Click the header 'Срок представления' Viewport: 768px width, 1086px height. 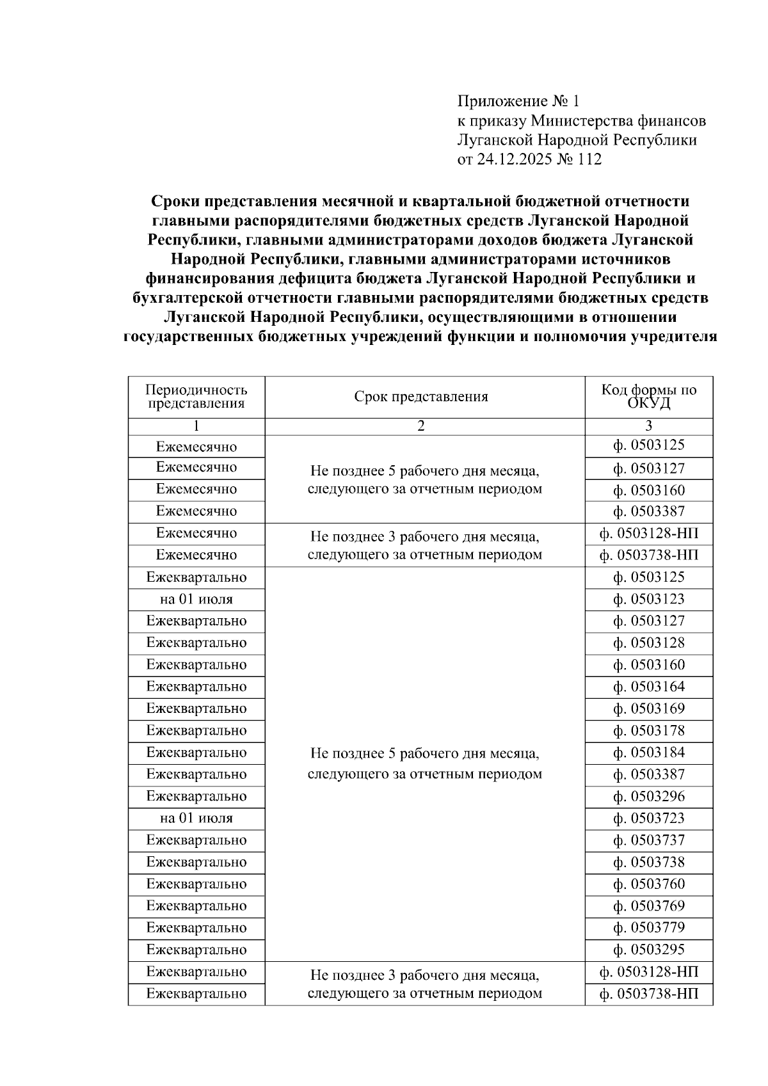tap(421, 397)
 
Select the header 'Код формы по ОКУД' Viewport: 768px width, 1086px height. tap(648, 397)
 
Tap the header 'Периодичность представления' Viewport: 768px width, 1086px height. tap(196, 397)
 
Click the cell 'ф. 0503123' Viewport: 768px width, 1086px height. tap(648, 600)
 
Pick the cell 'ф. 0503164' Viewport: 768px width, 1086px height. tap(648, 687)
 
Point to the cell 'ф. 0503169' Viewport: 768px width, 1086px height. tap(648, 709)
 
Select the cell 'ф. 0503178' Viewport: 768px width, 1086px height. tap(648, 731)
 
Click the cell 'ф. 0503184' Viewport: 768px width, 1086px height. tap(648, 753)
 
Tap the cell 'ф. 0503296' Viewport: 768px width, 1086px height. tap(648, 797)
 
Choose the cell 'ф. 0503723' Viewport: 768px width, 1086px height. tap(648, 818)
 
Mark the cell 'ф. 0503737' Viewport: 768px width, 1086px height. tap(648, 840)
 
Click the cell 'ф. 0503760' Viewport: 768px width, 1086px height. tap(648, 884)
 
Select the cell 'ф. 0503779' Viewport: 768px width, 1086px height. tap(648, 928)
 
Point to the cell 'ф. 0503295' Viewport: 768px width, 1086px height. tap(648, 950)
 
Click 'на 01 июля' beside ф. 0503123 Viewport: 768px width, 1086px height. tap(196, 600)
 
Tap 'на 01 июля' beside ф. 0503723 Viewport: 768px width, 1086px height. tap(196, 818)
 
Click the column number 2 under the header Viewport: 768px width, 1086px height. tap(421, 426)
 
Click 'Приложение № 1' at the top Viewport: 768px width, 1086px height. tap(518, 101)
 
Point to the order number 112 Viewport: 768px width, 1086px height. tap(589, 159)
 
